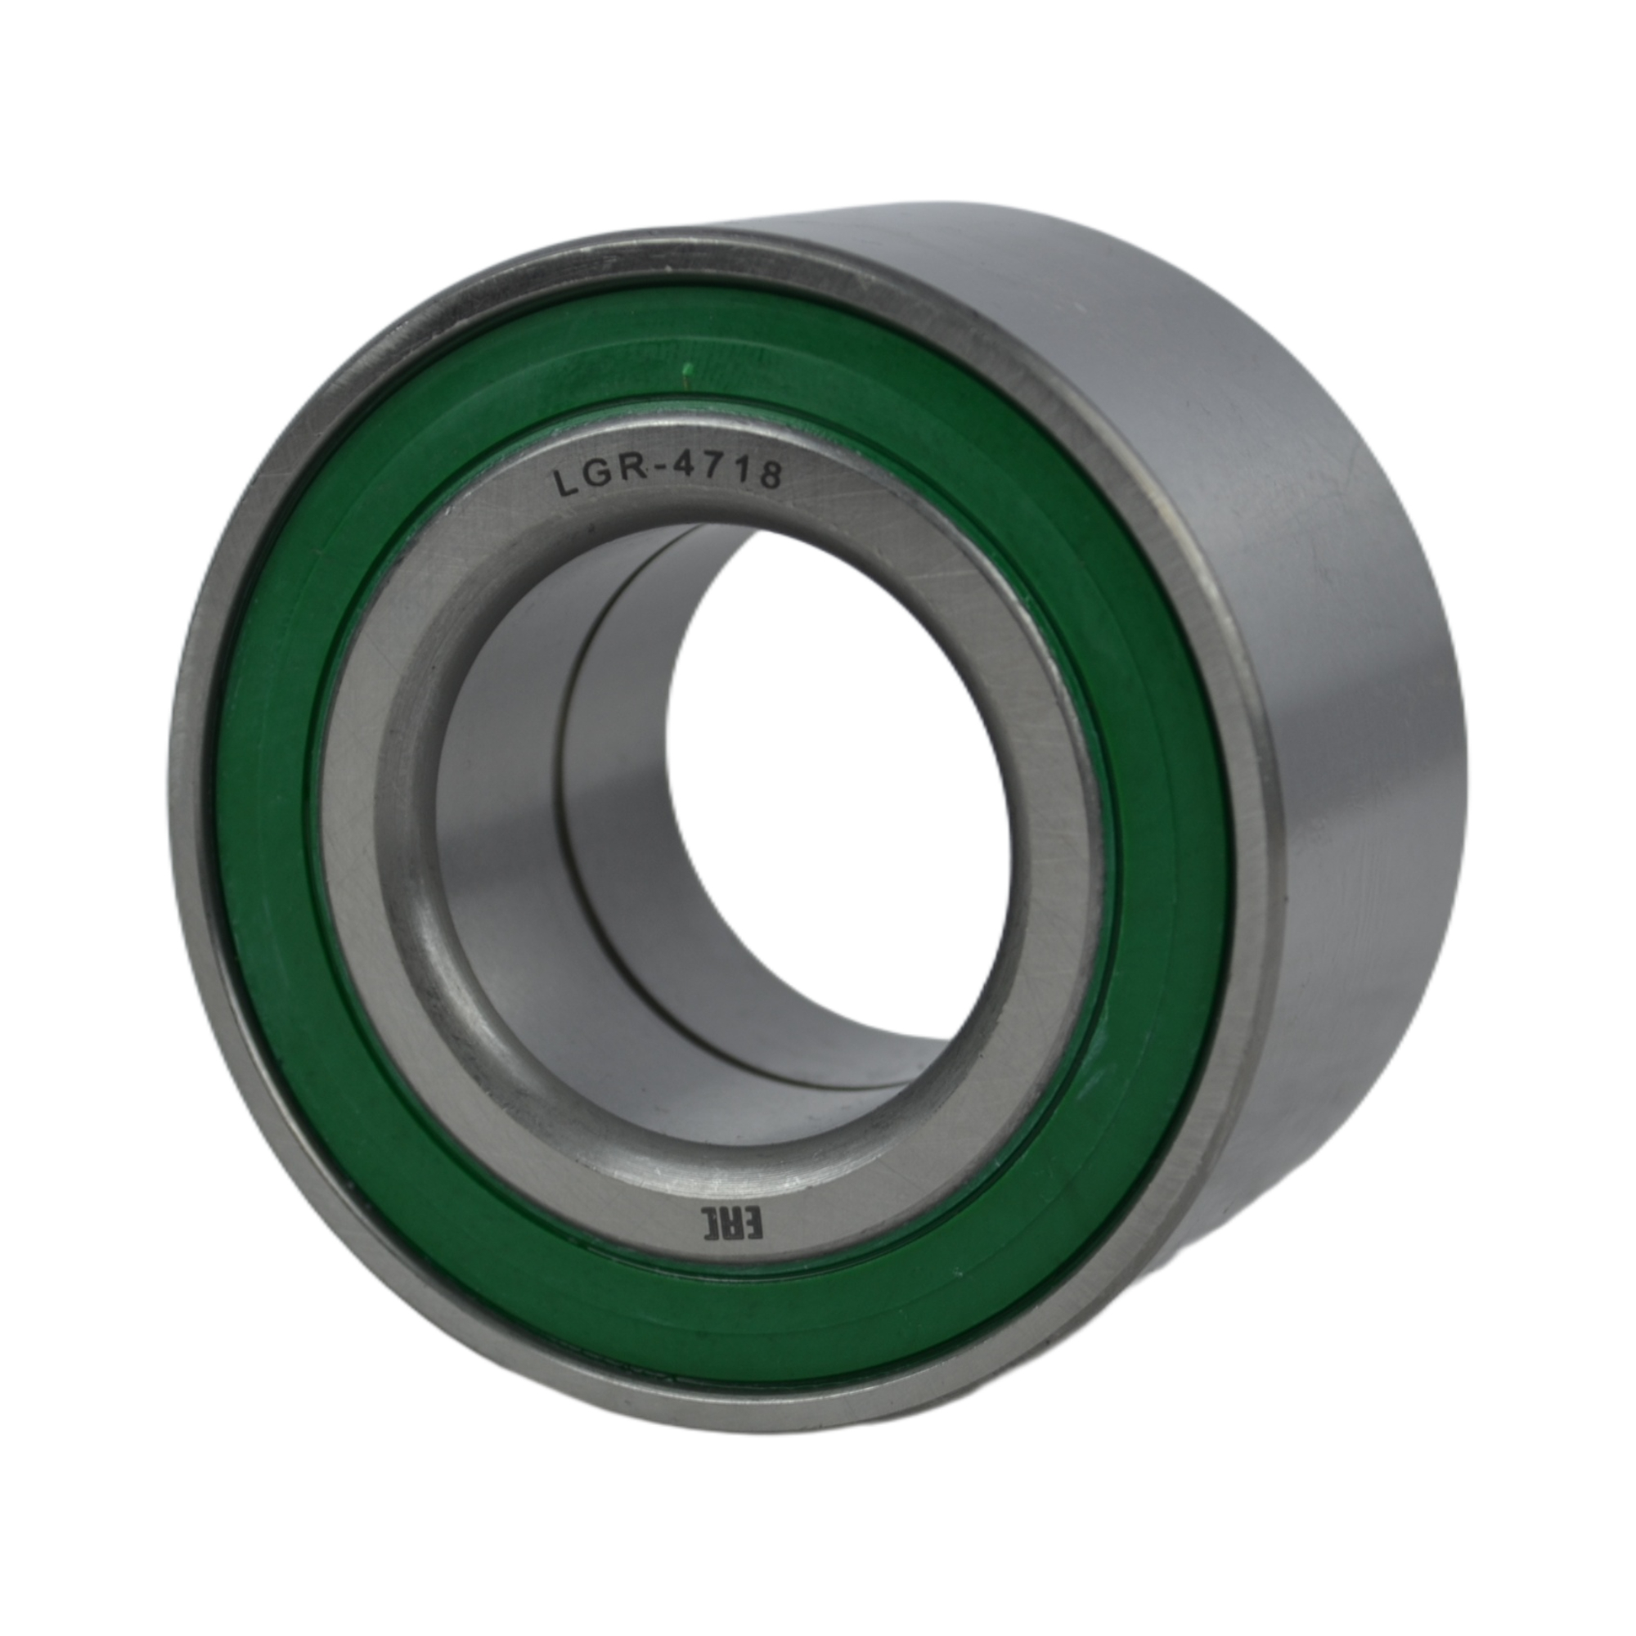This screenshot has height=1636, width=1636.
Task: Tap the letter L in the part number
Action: click(x=564, y=485)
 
